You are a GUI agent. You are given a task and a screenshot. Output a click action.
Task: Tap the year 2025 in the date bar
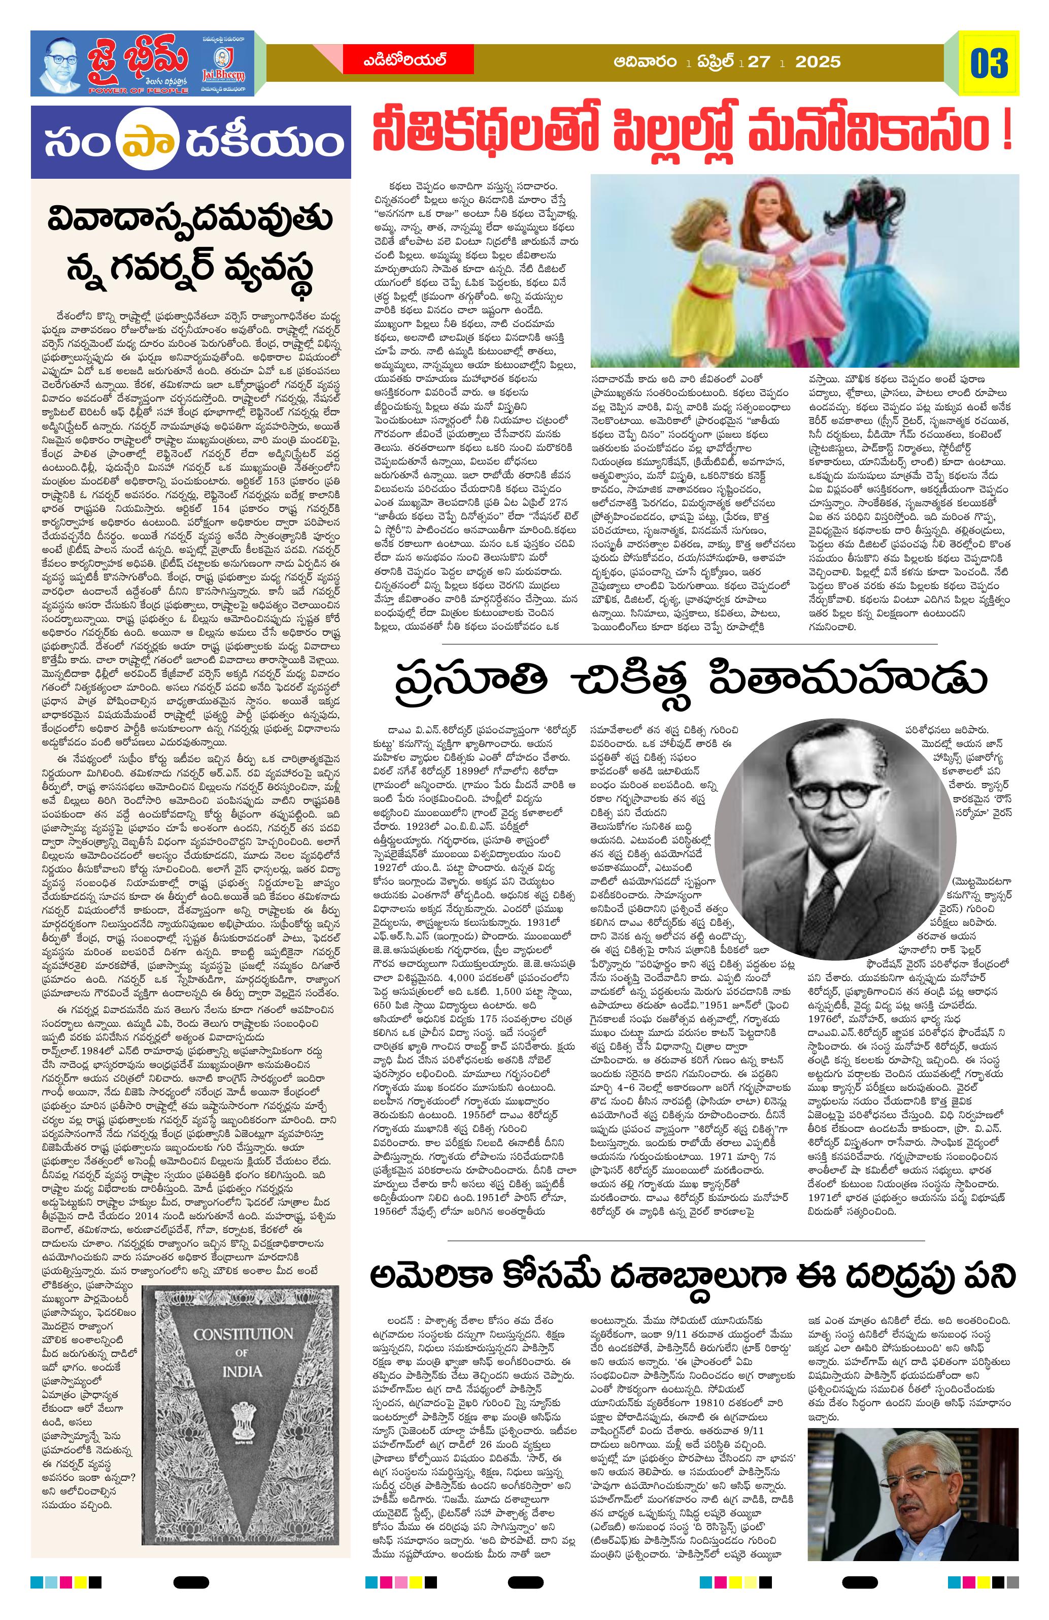818,62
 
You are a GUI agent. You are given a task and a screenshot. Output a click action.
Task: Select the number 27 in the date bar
758,62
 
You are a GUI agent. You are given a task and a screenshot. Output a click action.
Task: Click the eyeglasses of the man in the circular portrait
825,794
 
